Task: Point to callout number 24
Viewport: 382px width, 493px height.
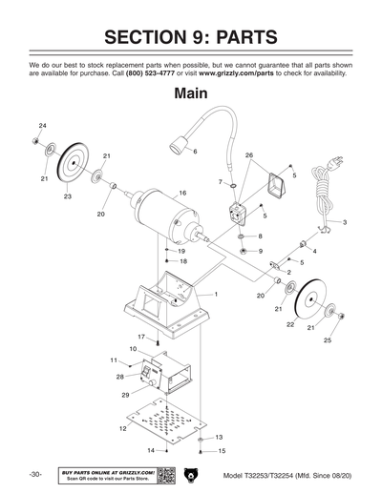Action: (42, 126)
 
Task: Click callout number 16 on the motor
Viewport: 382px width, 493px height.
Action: (182, 194)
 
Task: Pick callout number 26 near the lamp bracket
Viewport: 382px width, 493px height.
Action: (248, 155)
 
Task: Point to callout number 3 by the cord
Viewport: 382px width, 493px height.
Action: (344, 221)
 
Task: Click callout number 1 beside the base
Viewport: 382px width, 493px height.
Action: (216, 295)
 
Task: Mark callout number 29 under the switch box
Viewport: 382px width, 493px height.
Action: (124, 394)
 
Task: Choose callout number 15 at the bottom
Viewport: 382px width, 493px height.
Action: (222, 450)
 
